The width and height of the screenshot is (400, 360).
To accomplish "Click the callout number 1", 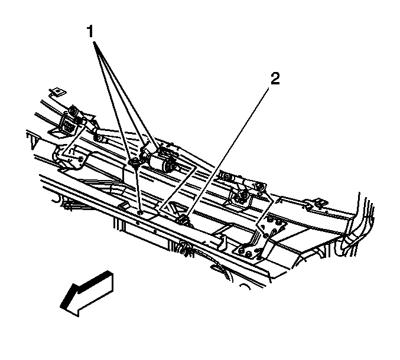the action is pyautogui.click(x=90, y=31).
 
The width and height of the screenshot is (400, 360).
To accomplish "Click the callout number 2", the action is pyautogui.click(x=275, y=78).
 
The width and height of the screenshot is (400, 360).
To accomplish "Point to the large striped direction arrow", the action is pyautogui.click(x=86, y=293).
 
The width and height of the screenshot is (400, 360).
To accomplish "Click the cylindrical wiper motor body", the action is pyautogui.click(x=163, y=163).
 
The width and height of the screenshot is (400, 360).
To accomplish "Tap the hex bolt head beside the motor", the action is pyautogui.click(x=134, y=162).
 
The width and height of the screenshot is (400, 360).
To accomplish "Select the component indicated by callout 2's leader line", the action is pyautogui.click(x=183, y=219).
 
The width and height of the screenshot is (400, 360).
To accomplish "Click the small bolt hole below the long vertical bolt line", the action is pyautogui.click(x=140, y=212).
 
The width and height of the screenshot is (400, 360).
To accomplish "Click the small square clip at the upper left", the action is pyautogui.click(x=58, y=91).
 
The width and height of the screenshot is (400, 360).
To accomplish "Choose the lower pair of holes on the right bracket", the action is pyautogui.click(x=245, y=251).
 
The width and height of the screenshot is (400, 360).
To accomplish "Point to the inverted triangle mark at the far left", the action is pyautogui.click(x=32, y=140).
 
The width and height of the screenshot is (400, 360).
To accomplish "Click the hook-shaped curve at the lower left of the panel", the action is pyautogui.click(x=56, y=199).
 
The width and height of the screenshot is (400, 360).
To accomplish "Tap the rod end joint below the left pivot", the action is pyautogui.click(x=99, y=138).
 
